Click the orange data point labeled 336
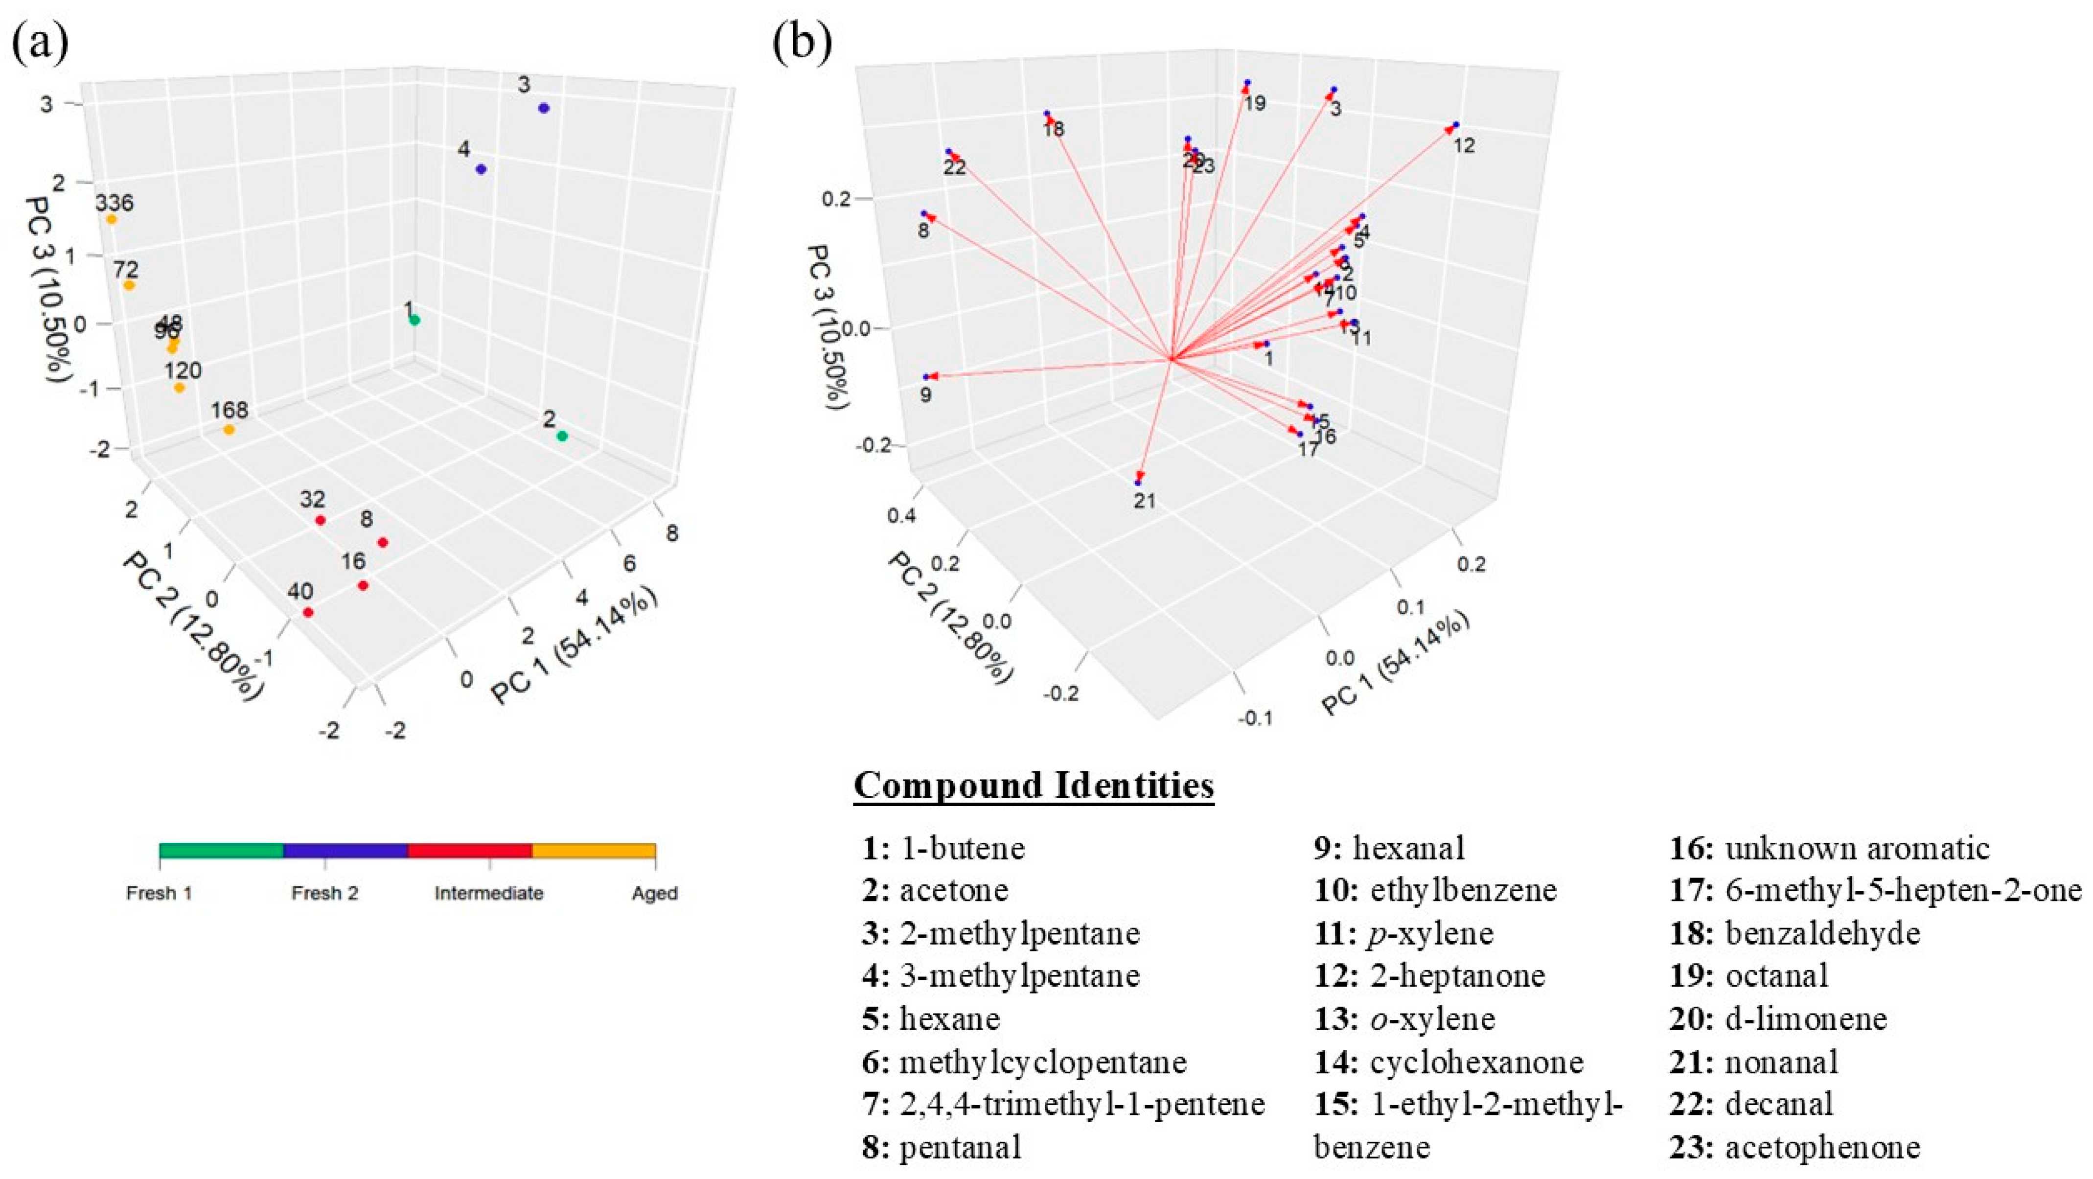112,219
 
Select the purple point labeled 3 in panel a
544,108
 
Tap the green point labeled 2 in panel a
561,437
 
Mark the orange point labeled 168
229,430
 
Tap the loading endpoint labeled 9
925,377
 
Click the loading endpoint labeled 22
948,152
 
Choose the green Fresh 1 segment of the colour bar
221,851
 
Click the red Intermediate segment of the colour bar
470,851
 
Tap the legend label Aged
654,894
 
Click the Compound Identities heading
1034,786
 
